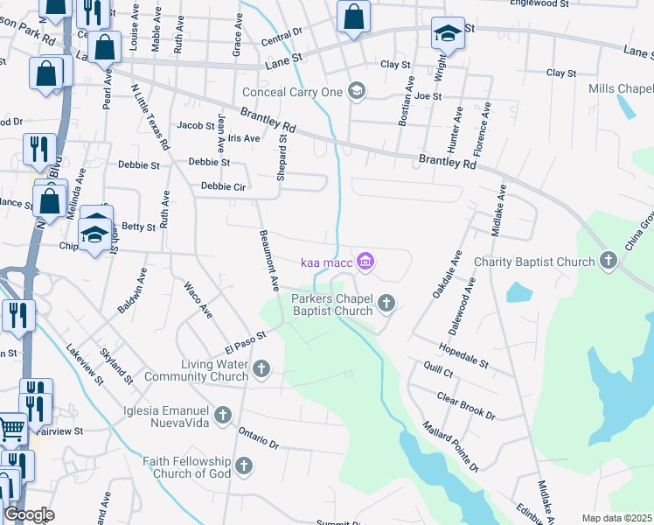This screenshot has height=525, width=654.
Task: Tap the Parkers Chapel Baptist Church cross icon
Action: coord(386,304)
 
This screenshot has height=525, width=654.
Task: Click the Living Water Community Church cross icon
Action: coord(261,370)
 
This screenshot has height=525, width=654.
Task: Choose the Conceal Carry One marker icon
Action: coord(356,90)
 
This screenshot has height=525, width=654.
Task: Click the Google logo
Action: coord(29,514)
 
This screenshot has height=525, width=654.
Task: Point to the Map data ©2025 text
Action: coord(616,518)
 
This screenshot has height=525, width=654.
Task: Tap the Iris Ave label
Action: coord(244,138)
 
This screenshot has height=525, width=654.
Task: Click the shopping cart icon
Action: coord(10,429)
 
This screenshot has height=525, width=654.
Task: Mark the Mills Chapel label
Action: coord(622,89)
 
